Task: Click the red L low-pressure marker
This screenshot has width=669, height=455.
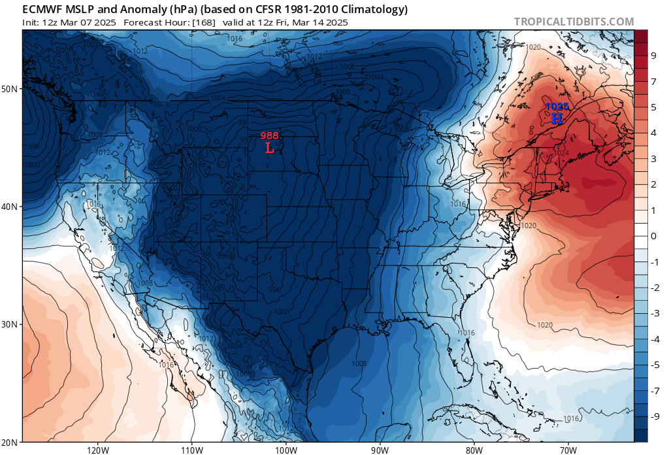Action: point(270,148)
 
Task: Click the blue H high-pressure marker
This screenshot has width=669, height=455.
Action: point(557,118)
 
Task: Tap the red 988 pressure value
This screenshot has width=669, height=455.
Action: point(270,136)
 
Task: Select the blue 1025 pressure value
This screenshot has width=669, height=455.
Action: point(557,106)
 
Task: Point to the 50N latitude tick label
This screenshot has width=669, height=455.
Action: point(11,88)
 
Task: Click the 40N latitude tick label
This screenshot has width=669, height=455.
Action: point(11,206)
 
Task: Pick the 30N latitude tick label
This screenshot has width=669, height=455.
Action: point(11,324)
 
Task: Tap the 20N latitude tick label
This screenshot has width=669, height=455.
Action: point(11,441)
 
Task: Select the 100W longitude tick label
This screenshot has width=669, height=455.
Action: point(286,449)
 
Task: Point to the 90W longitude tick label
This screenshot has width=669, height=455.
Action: point(380,449)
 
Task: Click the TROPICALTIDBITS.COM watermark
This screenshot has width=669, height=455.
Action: point(574,22)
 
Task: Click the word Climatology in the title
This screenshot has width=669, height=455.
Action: point(374,9)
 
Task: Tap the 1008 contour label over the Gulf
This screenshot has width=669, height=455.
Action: point(359,363)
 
